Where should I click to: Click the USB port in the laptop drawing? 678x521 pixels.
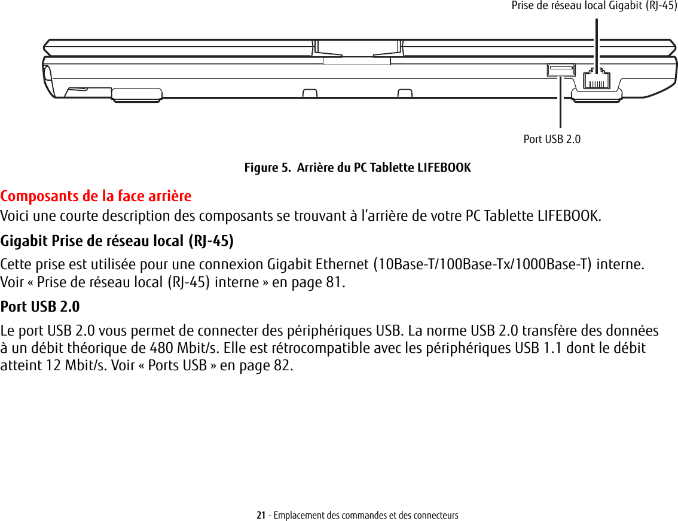point(560,71)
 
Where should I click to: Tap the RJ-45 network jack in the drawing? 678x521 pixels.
point(596,78)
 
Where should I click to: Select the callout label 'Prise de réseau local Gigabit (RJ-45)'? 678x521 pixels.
point(594,6)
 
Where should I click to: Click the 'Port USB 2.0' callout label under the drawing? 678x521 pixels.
point(552,139)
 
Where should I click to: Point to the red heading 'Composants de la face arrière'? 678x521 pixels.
point(96,196)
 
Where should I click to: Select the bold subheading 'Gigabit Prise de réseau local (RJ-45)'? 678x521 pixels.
point(117,241)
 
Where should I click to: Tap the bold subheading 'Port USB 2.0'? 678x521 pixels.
point(40,307)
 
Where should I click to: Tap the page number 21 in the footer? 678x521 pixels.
point(261,515)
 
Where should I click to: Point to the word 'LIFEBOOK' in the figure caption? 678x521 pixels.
point(442,167)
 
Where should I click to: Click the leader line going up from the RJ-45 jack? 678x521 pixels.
point(596,42)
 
